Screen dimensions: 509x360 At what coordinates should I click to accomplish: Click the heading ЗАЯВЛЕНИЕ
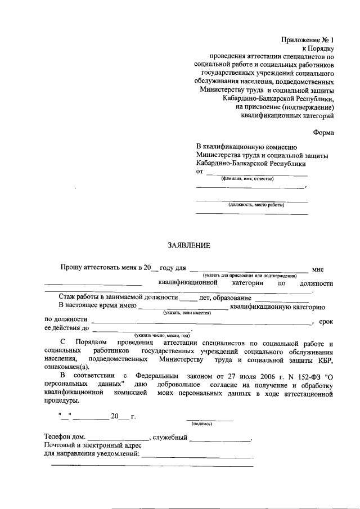189,245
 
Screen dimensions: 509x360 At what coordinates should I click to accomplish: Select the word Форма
323,133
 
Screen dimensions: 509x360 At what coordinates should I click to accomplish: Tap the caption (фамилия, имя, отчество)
247,178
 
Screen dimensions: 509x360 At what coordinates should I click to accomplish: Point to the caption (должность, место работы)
252,205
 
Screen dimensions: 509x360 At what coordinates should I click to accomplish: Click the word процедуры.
62,401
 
